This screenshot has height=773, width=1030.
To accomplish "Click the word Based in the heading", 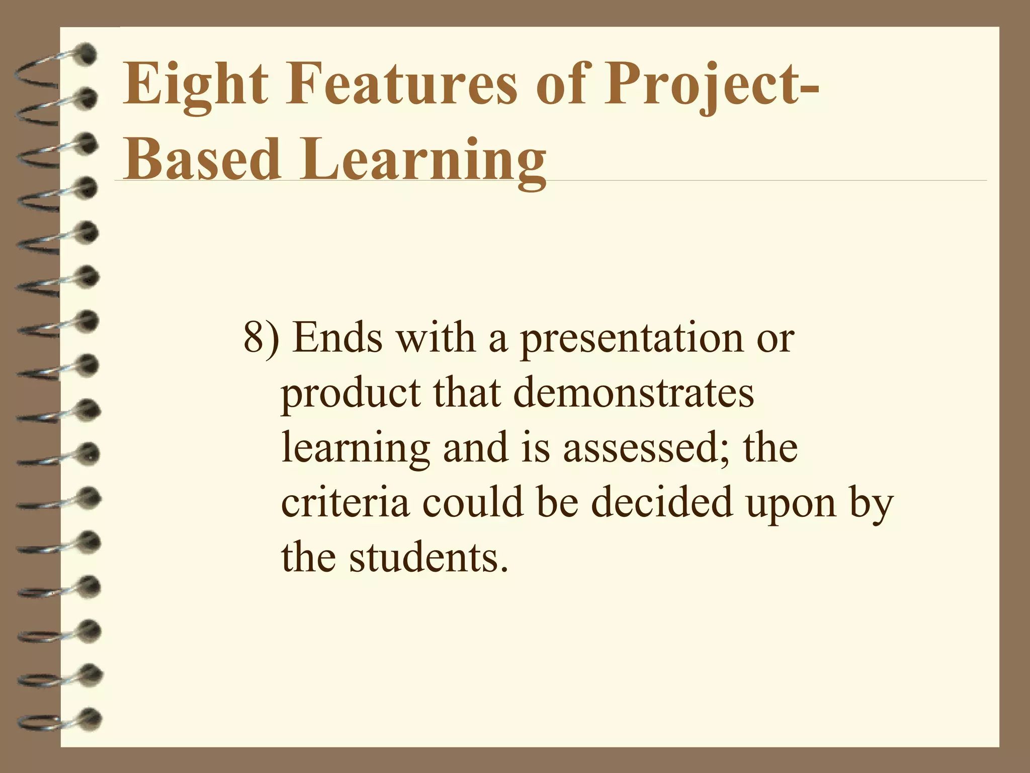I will point(201,157).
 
